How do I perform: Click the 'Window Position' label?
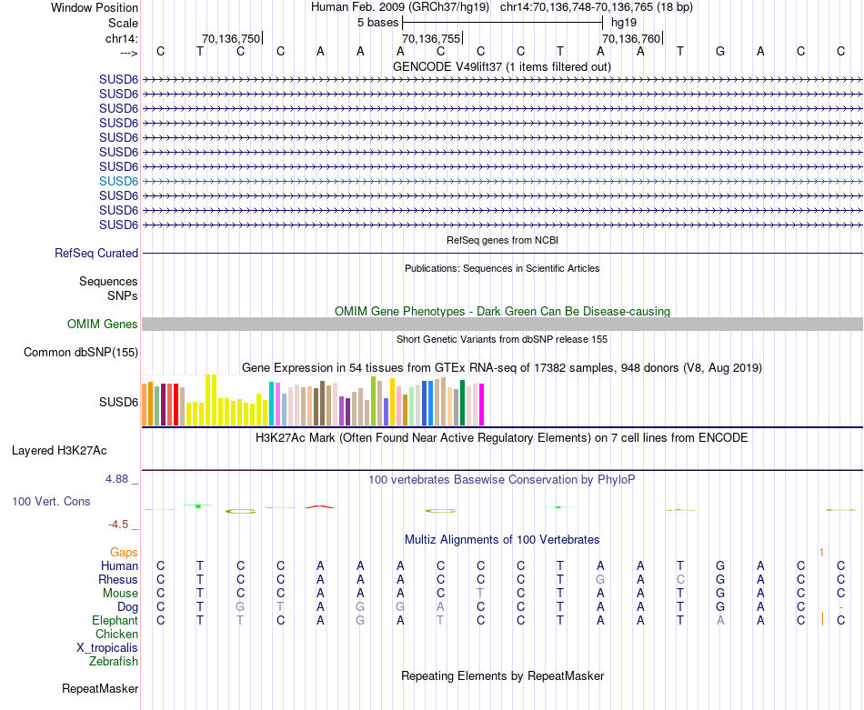[x=95, y=7]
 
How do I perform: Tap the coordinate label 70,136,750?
[x=231, y=38]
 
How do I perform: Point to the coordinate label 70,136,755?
[x=431, y=38]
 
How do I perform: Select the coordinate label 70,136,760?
[x=631, y=38]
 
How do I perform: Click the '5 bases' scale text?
[x=376, y=22]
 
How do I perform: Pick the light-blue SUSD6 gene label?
[x=118, y=181]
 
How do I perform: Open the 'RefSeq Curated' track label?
[x=96, y=254]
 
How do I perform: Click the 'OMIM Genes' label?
[x=103, y=325]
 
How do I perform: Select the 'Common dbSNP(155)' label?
[x=81, y=353]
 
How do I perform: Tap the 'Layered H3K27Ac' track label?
[x=59, y=450]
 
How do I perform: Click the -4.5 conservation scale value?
[x=121, y=525]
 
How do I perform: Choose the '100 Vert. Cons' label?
[x=51, y=502]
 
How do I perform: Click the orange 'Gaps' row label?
[x=124, y=552]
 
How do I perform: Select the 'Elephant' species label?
[x=115, y=621]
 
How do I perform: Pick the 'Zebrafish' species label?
[x=114, y=662]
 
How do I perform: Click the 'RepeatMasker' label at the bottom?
[x=100, y=689]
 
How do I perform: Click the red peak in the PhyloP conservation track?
[x=319, y=505]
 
